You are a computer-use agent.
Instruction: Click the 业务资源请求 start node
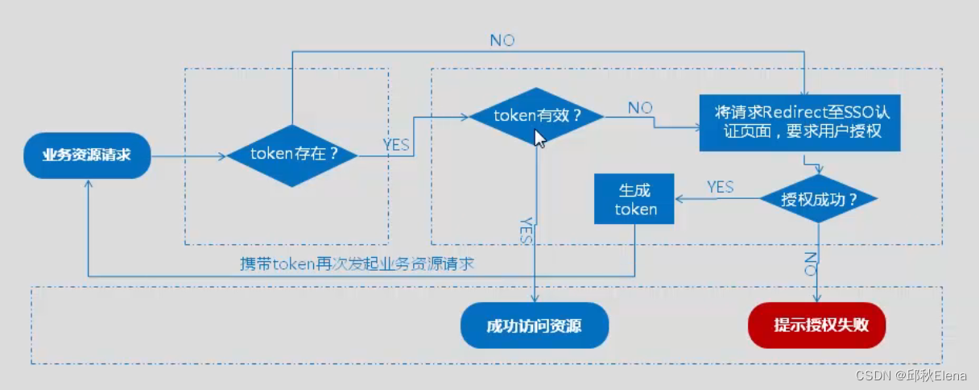86,155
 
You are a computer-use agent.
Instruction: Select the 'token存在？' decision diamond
293,155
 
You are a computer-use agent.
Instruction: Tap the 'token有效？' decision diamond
537,116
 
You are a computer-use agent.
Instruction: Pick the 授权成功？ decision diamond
818,199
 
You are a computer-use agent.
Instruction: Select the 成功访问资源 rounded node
534,326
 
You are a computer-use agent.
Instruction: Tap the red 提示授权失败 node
817,326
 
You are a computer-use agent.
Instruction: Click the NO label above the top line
502,40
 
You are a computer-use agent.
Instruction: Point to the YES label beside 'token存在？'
395,145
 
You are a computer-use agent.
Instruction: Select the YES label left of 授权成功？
720,187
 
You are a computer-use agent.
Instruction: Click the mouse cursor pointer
540,138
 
